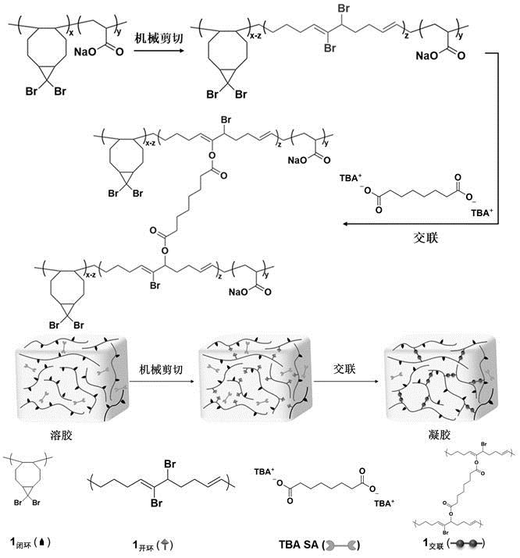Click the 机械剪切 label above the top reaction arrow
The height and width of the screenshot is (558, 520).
(x=159, y=37)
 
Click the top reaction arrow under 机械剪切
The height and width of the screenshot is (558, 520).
(x=160, y=53)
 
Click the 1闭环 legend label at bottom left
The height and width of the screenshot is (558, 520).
(x=30, y=540)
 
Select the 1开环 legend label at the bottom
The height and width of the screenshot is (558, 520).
(x=161, y=540)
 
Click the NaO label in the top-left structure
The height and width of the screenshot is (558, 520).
(x=85, y=54)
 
